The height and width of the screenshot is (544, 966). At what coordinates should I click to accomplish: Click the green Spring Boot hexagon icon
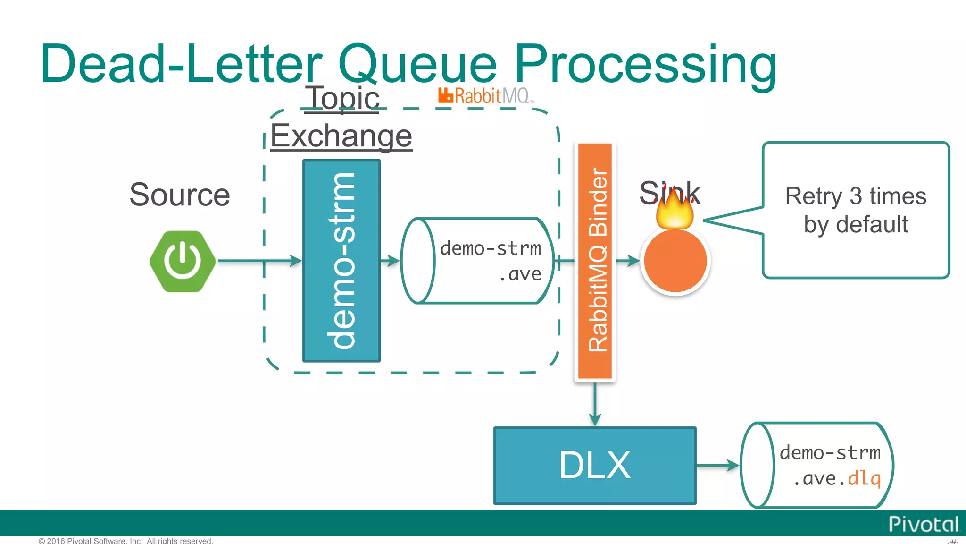[x=183, y=261]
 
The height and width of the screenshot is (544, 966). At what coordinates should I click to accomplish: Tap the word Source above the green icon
[x=180, y=195]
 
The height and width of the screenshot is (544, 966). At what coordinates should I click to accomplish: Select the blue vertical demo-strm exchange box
[x=341, y=261]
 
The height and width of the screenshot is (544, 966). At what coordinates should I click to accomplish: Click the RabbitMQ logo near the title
[x=485, y=96]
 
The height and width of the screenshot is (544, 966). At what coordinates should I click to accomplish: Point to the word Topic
[x=343, y=98]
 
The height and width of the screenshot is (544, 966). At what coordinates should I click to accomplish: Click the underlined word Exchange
[x=341, y=136]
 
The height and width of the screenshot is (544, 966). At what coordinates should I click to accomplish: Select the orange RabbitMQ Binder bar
[x=595, y=261]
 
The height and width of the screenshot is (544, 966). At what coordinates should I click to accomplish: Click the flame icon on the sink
[x=675, y=210]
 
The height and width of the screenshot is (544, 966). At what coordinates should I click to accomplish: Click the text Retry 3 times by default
[x=856, y=210]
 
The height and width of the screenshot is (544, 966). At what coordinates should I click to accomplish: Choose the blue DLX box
[x=595, y=466]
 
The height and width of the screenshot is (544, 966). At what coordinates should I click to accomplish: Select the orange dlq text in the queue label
[x=864, y=479]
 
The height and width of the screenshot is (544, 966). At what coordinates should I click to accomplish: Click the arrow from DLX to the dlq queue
[x=717, y=466]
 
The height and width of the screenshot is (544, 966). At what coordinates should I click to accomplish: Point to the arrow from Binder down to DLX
[x=595, y=404]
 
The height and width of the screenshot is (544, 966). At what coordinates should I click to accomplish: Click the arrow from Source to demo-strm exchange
[x=259, y=261]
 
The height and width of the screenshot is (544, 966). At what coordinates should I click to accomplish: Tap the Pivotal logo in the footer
[x=923, y=524]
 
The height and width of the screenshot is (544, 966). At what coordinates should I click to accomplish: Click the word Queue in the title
[x=418, y=64]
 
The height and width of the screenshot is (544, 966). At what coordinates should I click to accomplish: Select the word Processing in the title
[x=645, y=64]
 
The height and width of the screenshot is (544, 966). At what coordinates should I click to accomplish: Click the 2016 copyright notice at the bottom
[x=126, y=540]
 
